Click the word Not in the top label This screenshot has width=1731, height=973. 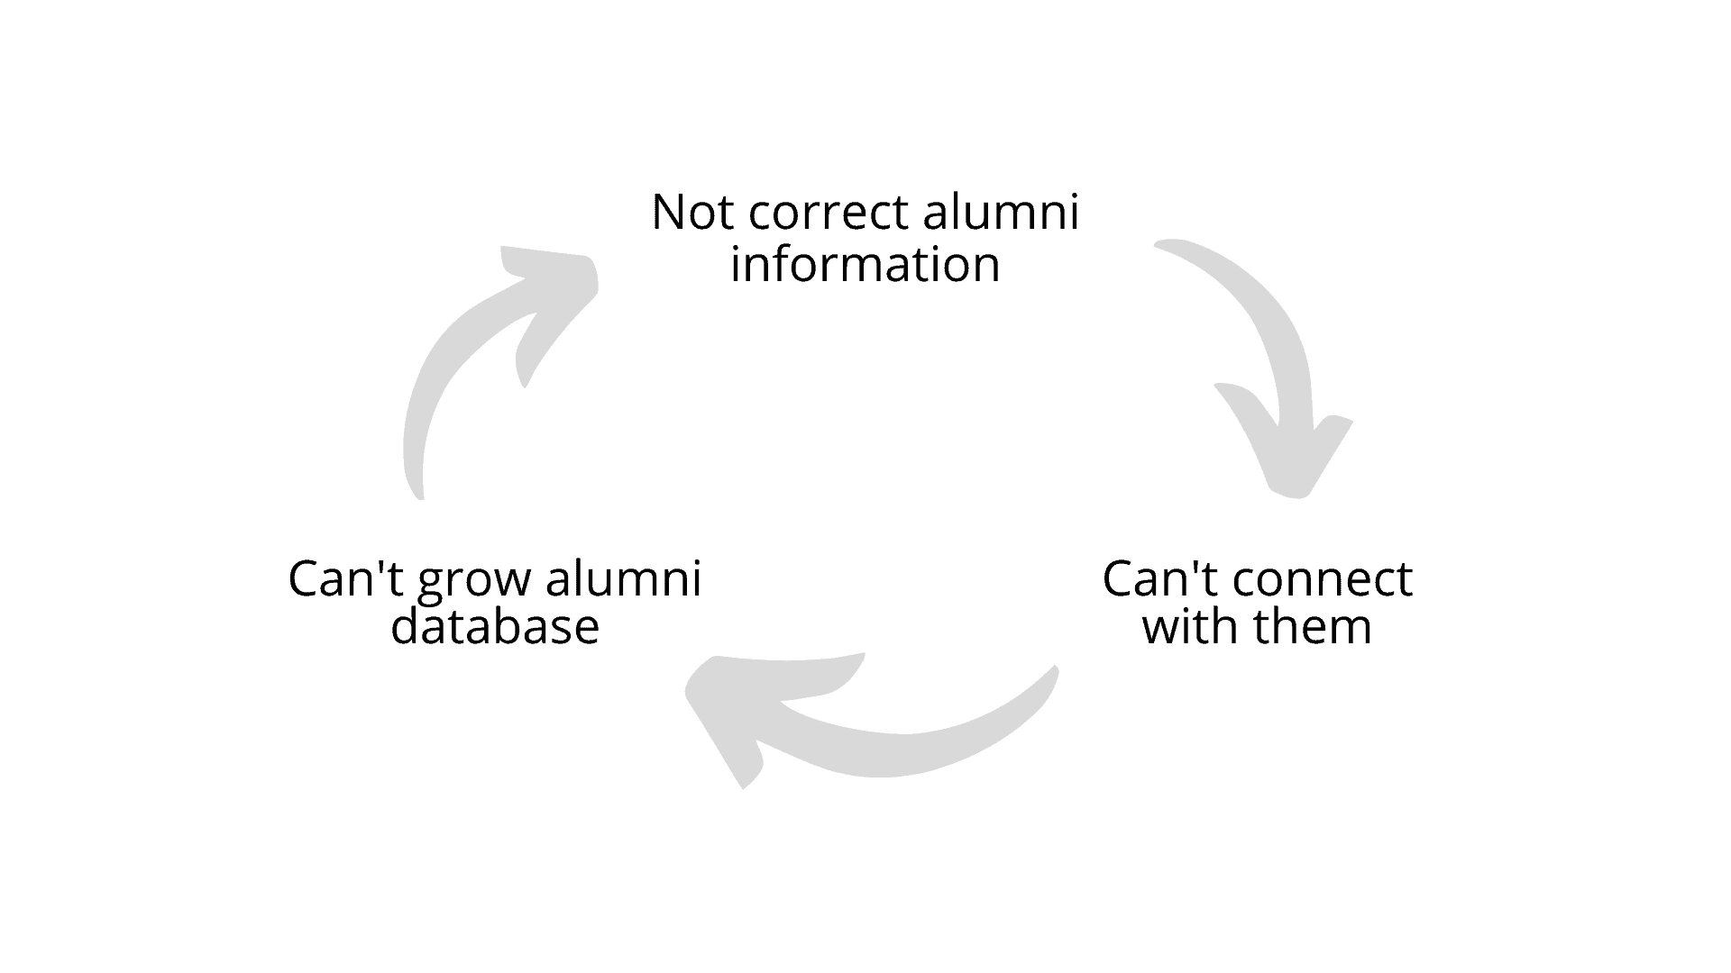click(691, 213)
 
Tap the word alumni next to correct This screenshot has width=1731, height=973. click(1000, 213)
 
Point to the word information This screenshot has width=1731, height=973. click(865, 265)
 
